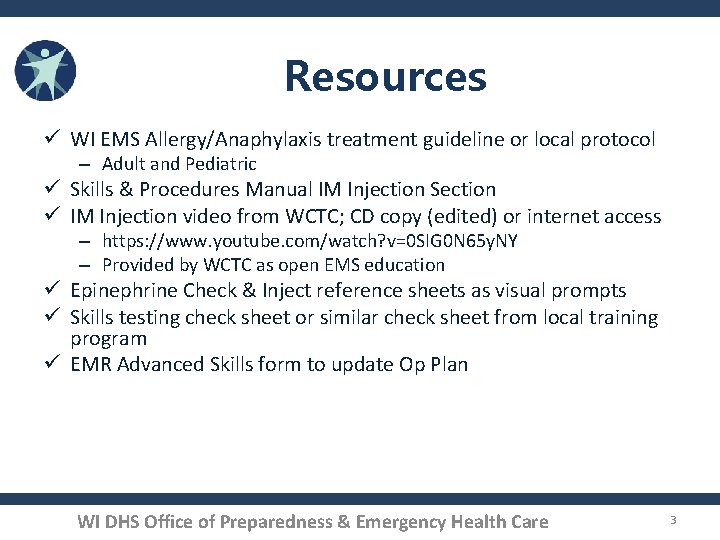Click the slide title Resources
385,76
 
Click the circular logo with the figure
45,70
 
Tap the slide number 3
674,520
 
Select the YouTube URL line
310,241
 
